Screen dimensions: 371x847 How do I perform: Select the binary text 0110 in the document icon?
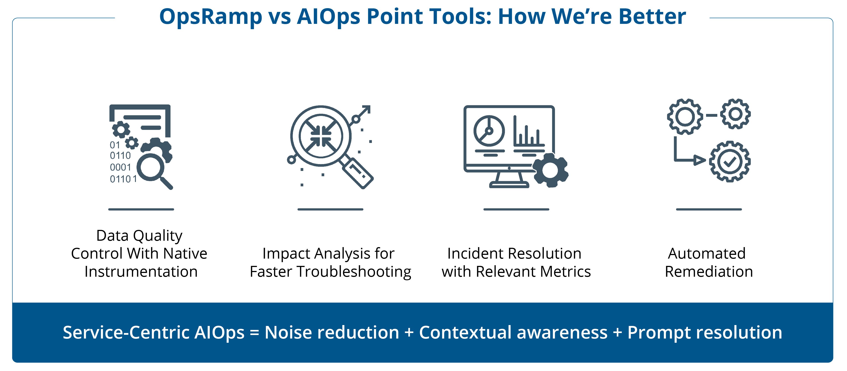point(120,155)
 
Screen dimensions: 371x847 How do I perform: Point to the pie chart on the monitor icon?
point(489,131)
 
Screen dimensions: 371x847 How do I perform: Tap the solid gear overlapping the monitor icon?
point(550,170)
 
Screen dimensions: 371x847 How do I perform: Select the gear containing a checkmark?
point(730,161)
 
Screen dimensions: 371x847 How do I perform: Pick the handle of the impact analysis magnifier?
point(358,173)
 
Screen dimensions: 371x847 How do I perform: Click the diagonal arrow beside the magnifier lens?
point(362,113)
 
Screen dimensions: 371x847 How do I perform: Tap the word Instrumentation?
point(141,272)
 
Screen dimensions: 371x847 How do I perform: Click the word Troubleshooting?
point(354,272)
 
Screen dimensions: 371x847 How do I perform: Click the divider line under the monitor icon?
point(516,209)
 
